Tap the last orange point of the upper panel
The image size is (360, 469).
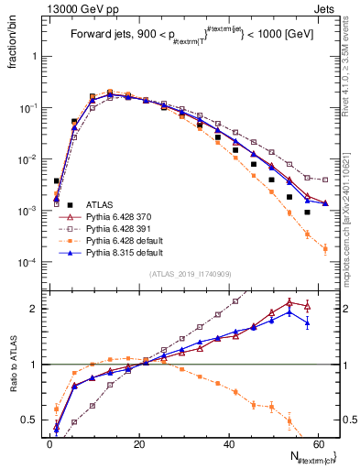[325, 248]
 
